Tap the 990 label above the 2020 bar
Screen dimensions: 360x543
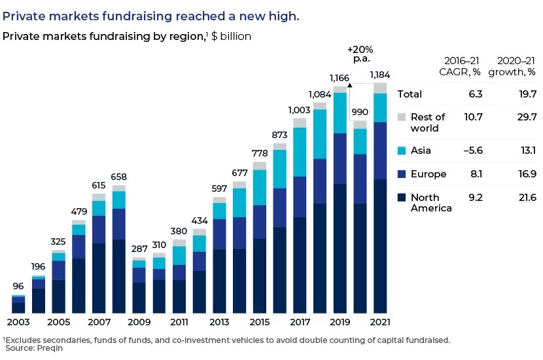coord(360,112)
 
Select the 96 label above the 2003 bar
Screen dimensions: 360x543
coord(18,286)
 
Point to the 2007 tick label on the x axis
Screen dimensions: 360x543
coord(99,323)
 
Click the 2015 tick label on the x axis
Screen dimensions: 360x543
coord(260,323)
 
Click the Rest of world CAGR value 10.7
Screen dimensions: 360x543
coord(472,117)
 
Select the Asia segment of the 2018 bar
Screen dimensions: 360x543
coord(320,134)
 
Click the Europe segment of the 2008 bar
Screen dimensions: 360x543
coord(119,224)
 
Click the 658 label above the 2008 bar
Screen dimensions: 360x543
coord(119,177)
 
